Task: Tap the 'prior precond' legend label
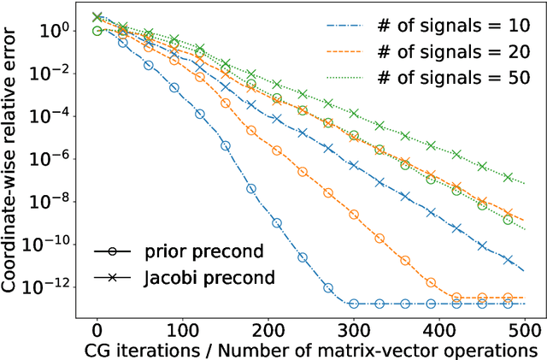(191, 253)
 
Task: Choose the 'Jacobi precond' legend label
(197, 279)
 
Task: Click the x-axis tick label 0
(97, 330)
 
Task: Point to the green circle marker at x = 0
(97, 31)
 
